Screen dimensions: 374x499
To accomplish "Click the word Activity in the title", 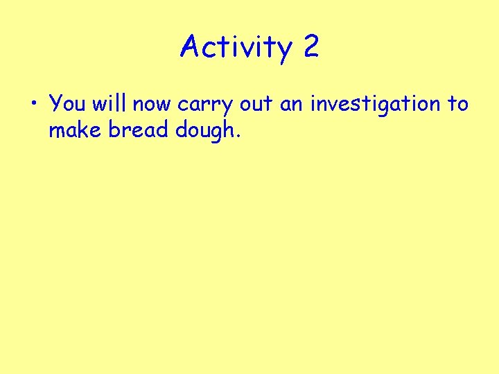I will pos(236,48).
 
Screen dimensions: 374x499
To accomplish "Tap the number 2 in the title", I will pos(310,47).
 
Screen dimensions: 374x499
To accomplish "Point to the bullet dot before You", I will pos(34,105).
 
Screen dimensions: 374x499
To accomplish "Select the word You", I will pos(68,104).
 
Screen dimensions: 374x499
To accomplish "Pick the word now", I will pos(152,105).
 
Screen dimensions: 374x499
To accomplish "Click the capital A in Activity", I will pos(190,47).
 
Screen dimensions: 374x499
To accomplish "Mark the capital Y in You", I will pos(56,104).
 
